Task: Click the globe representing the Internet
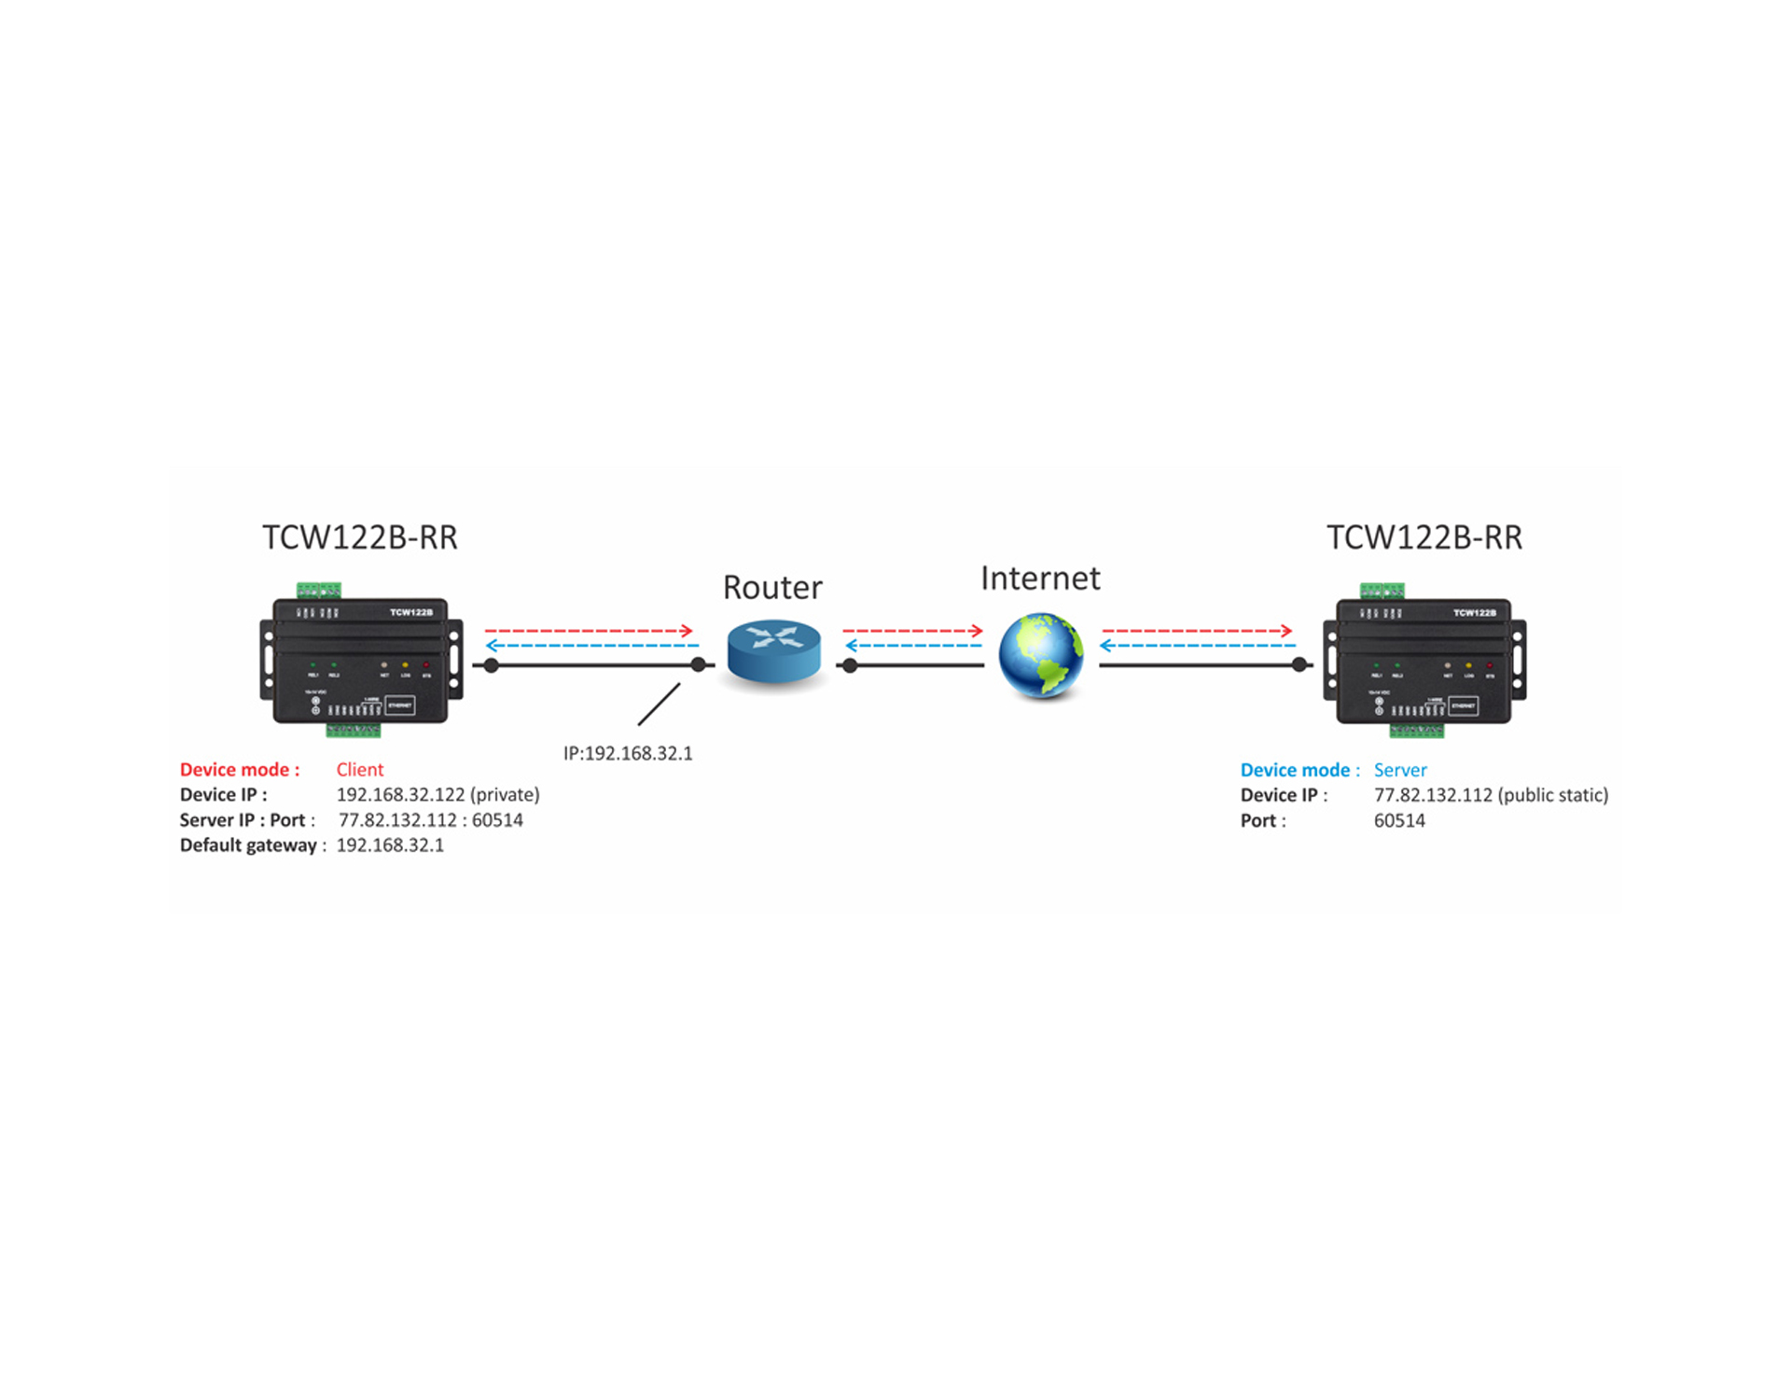(x=1040, y=654)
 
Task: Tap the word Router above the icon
(x=772, y=588)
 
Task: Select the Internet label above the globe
(x=1040, y=579)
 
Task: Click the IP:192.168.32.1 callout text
(x=628, y=753)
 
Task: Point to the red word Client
(x=360, y=770)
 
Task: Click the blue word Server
(x=1400, y=770)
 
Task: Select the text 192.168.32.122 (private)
(x=437, y=795)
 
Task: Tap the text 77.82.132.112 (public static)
(x=1491, y=795)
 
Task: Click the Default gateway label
(x=249, y=845)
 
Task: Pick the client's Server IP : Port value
(x=430, y=820)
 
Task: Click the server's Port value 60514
(x=1399, y=821)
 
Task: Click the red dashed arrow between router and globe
(x=912, y=631)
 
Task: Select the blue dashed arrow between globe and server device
(x=1198, y=646)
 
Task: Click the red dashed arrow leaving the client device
(x=589, y=631)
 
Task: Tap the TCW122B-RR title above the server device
(x=1423, y=537)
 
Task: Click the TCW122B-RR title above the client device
(x=360, y=537)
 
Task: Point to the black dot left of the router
(x=698, y=665)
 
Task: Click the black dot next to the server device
(x=1299, y=665)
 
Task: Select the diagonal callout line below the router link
(x=659, y=704)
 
